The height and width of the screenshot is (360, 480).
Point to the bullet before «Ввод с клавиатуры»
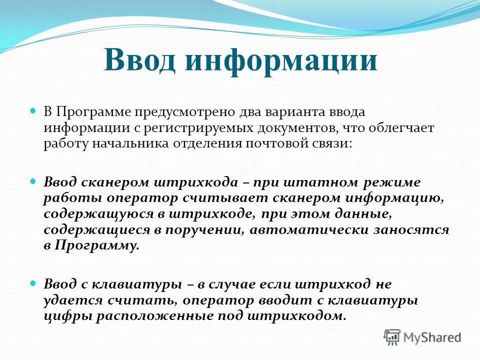(x=34, y=283)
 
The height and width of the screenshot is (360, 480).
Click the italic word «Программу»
(x=96, y=246)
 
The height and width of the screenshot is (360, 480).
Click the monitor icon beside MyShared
(x=392, y=337)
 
